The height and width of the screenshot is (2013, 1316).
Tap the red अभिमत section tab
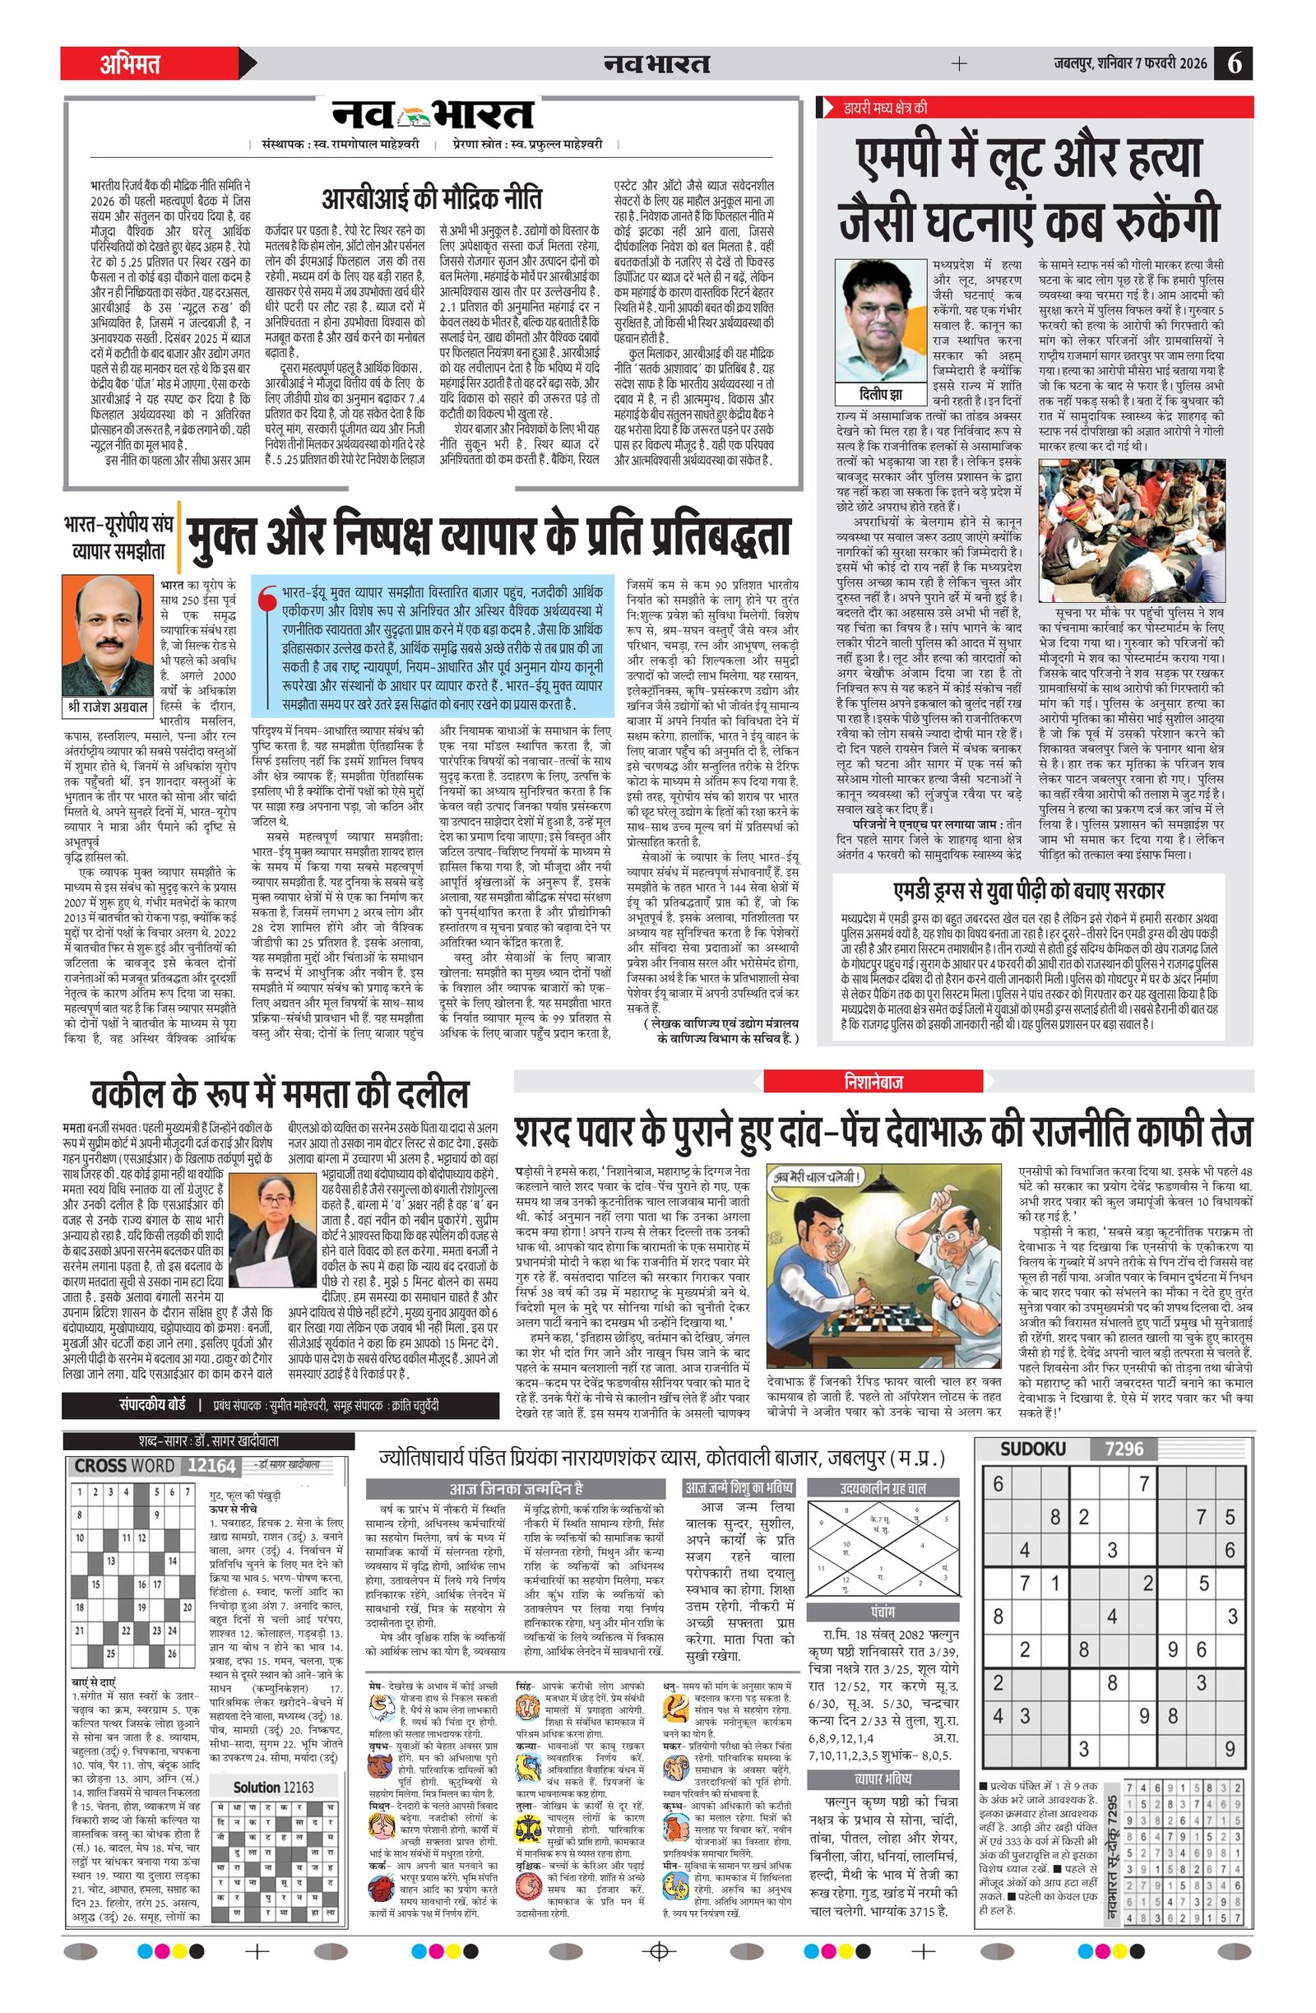pos(131,64)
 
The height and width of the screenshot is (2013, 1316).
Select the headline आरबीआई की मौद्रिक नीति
pos(431,200)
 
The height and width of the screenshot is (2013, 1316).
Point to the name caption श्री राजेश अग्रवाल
pos(108,705)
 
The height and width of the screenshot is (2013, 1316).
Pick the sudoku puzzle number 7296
pos(1124,1449)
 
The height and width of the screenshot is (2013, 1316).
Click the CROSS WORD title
pos(123,1466)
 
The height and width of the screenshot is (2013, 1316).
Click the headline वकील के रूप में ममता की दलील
pos(279,1093)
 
